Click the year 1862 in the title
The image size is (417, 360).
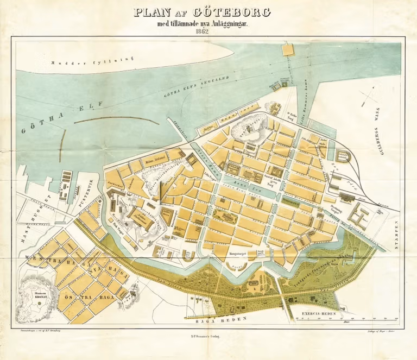pyautogui.click(x=208, y=31)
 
